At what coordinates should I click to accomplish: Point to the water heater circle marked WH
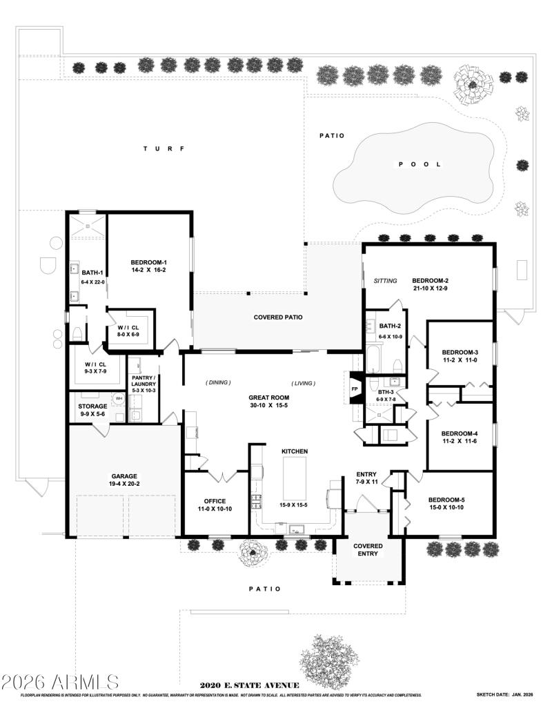[x=118, y=399]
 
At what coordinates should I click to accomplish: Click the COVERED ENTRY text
[x=368, y=549]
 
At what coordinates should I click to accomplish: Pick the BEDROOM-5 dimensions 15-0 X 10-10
[x=447, y=508]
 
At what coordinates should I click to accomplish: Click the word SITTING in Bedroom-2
[x=385, y=281]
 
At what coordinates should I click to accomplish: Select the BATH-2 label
[x=390, y=326]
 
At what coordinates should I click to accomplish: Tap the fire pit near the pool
[x=469, y=84]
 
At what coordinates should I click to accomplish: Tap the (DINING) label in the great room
[x=218, y=382]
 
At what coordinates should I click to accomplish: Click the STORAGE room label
[x=92, y=407]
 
